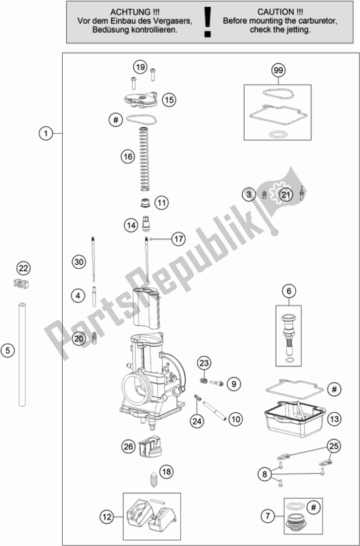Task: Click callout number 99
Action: (x=277, y=72)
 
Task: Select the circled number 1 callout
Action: (x=45, y=134)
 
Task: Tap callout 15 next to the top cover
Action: (x=169, y=100)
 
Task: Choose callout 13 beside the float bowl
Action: (x=333, y=418)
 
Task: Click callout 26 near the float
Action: (x=128, y=447)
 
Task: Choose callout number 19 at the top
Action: (x=140, y=67)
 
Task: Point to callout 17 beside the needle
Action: (x=178, y=239)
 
